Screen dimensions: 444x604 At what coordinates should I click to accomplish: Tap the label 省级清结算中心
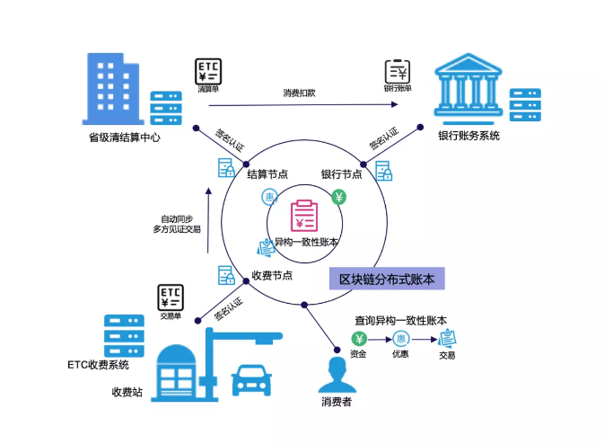(x=124, y=138)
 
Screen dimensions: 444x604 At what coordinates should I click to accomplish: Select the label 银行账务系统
(x=468, y=136)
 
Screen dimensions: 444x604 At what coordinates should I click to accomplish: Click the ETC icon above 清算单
(x=208, y=71)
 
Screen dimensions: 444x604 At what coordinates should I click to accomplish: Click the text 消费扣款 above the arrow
(x=299, y=93)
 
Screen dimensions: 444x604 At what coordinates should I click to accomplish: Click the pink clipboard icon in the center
(x=303, y=217)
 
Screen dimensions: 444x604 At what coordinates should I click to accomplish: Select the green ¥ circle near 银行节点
(x=339, y=197)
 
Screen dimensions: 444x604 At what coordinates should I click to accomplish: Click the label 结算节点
(x=268, y=173)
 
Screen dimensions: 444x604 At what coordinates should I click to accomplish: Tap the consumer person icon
(x=336, y=373)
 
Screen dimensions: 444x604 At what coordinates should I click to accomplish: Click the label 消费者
(x=337, y=402)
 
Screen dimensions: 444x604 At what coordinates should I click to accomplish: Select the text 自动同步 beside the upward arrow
(x=176, y=218)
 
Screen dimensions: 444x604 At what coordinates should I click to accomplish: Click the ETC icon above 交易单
(x=171, y=297)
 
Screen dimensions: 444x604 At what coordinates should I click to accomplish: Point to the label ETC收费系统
(x=98, y=365)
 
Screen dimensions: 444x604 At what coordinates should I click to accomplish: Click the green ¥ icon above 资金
(x=358, y=339)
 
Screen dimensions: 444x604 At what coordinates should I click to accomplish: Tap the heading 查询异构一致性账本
(x=400, y=319)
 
